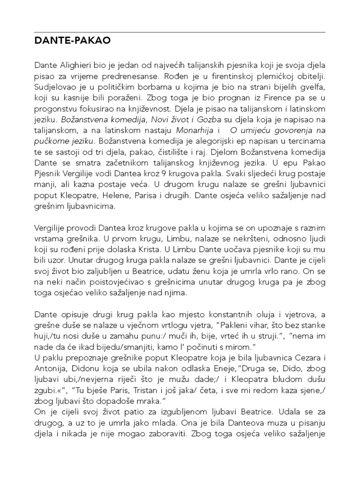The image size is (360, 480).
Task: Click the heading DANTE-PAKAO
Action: click(x=72, y=41)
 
